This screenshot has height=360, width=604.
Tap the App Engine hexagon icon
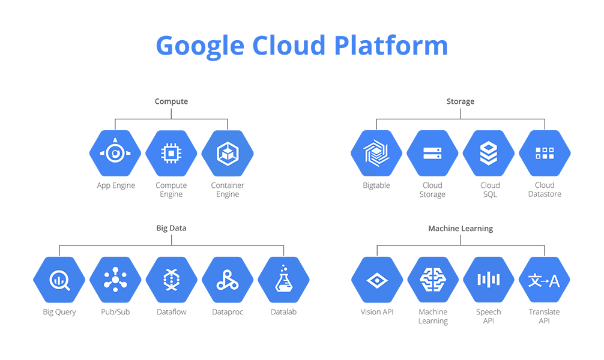coord(115,154)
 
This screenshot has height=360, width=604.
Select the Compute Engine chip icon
coord(171,154)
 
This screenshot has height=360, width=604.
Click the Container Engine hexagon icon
coord(228,154)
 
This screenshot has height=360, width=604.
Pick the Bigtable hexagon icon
coord(376,154)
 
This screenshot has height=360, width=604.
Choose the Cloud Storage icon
coord(432,154)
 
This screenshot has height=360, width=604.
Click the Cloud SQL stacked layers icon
coord(489,154)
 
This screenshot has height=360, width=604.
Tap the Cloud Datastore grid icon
coord(545,154)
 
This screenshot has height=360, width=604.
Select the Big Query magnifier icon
coord(59,280)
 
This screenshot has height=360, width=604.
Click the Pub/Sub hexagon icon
coord(115,280)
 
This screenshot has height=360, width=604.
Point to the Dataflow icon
coord(171,280)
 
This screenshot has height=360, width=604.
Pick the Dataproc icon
coord(228,280)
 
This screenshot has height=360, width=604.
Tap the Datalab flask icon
coord(283,280)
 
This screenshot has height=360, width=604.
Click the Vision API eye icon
coord(376,280)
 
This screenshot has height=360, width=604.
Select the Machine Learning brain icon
coord(432,280)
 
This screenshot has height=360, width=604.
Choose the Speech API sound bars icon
coord(489,280)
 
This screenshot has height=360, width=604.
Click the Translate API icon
coord(545,280)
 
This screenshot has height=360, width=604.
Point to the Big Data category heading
coord(171,229)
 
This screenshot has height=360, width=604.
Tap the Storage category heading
coord(461,101)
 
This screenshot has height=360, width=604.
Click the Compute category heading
coord(171,101)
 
